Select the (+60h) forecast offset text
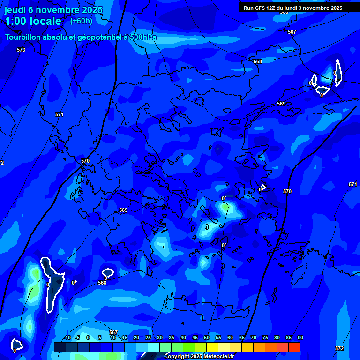(81, 21)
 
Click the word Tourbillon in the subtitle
(24, 37)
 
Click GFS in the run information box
(262, 8)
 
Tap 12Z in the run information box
(273, 8)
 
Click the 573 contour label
(21, 50)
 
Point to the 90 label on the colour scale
(300, 338)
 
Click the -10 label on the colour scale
(67, 338)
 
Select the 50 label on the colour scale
(207, 338)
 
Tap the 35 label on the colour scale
(172, 338)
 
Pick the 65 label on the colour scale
(242, 338)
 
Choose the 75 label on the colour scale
(265, 338)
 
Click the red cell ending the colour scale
(294, 347)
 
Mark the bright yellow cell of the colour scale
(212, 347)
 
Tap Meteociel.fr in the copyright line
(219, 357)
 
